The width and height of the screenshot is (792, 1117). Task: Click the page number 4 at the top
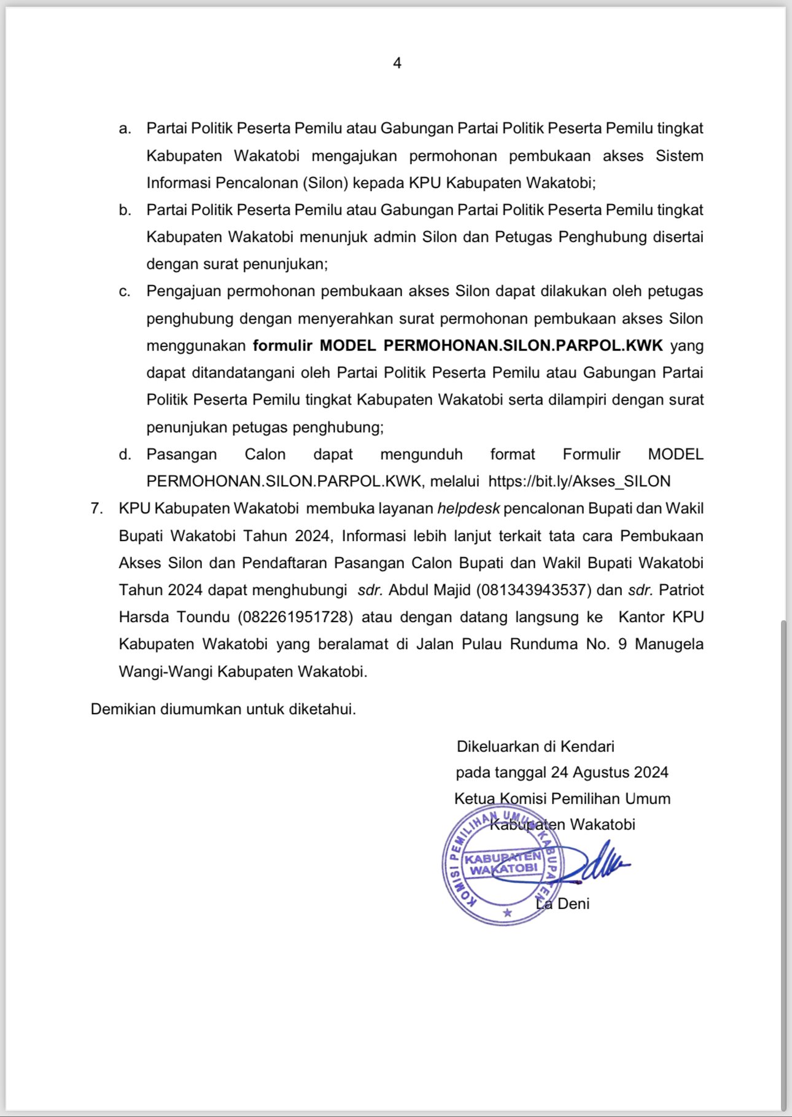click(397, 63)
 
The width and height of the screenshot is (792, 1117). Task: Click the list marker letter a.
click(125, 129)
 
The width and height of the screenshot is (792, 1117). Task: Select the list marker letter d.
click(125, 454)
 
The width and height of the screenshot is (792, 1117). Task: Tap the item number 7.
click(96, 508)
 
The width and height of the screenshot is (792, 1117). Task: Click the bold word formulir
click(282, 346)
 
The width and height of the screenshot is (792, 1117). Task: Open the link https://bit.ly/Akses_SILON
click(579, 481)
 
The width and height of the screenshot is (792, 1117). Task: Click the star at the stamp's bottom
click(507, 913)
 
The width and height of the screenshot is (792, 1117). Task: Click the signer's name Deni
click(573, 904)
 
